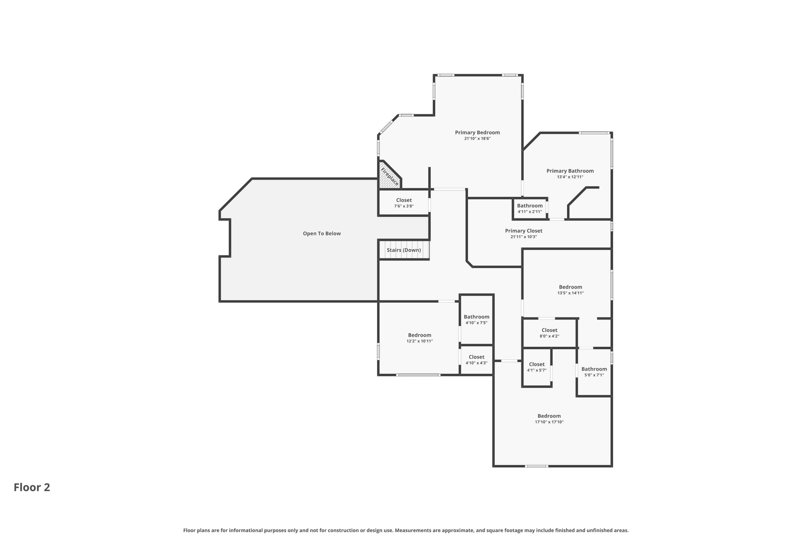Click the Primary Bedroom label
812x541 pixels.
tap(477, 132)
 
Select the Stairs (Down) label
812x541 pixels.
tap(404, 250)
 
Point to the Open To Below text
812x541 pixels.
tap(322, 233)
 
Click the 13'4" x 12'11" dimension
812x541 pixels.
tap(570, 177)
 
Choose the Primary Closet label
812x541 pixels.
tap(523, 231)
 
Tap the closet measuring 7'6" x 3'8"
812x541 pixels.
tap(404, 203)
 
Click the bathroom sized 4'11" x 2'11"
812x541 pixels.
tap(529, 208)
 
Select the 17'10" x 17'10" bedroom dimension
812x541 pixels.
tap(549, 422)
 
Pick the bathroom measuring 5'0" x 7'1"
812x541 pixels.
tap(594, 372)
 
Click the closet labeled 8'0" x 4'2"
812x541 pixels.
tap(549, 333)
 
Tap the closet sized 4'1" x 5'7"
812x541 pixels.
tap(536, 367)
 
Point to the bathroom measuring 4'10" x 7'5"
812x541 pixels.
tap(476, 319)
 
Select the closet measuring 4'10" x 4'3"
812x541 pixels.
tap(476, 360)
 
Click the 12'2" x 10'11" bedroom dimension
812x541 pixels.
tap(419, 341)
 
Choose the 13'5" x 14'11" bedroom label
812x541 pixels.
tap(570, 287)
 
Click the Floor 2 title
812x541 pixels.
tap(32, 487)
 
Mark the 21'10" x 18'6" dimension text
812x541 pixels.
tap(477, 139)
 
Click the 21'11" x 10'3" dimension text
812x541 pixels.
tap(523, 237)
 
